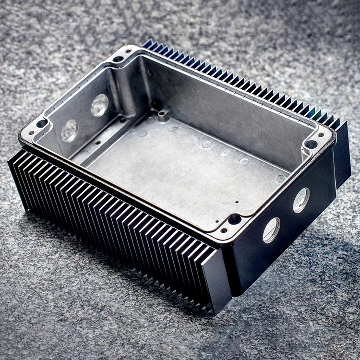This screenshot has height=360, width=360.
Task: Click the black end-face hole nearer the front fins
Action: (271, 230)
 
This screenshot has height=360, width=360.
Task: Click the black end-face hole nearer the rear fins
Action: (301, 200)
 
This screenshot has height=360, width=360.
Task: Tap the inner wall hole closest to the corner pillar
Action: (100, 105)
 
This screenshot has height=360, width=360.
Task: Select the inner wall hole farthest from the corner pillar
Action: (69, 130)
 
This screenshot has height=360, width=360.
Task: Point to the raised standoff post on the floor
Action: (164, 115)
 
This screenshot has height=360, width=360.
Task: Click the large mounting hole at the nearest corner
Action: (234, 219)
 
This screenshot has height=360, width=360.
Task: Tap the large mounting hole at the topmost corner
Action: (118, 59)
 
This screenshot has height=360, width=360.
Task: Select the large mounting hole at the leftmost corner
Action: (42, 123)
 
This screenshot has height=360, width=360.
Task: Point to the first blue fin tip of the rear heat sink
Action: (148, 43)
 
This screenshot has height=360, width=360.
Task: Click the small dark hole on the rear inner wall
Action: (150, 73)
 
